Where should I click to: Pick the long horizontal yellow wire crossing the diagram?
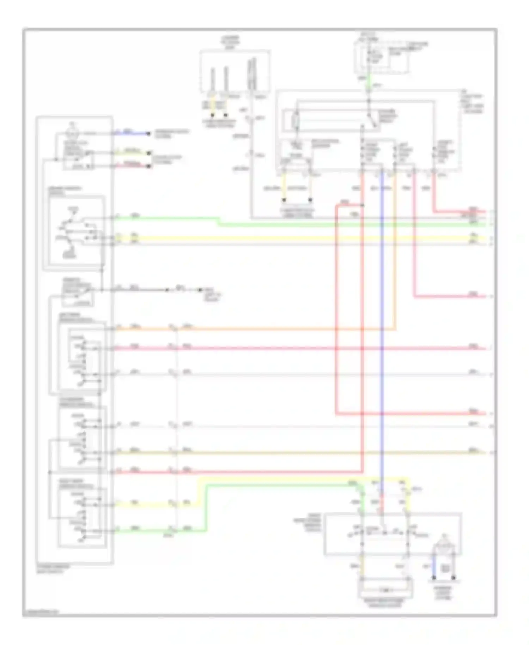[282, 238]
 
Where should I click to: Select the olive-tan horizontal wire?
[282, 452]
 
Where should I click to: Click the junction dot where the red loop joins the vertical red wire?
[363, 205]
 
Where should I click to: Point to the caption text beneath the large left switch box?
[53, 568]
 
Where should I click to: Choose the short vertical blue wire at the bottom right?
[434, 566]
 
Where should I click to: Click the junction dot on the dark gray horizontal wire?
[168, 290]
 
